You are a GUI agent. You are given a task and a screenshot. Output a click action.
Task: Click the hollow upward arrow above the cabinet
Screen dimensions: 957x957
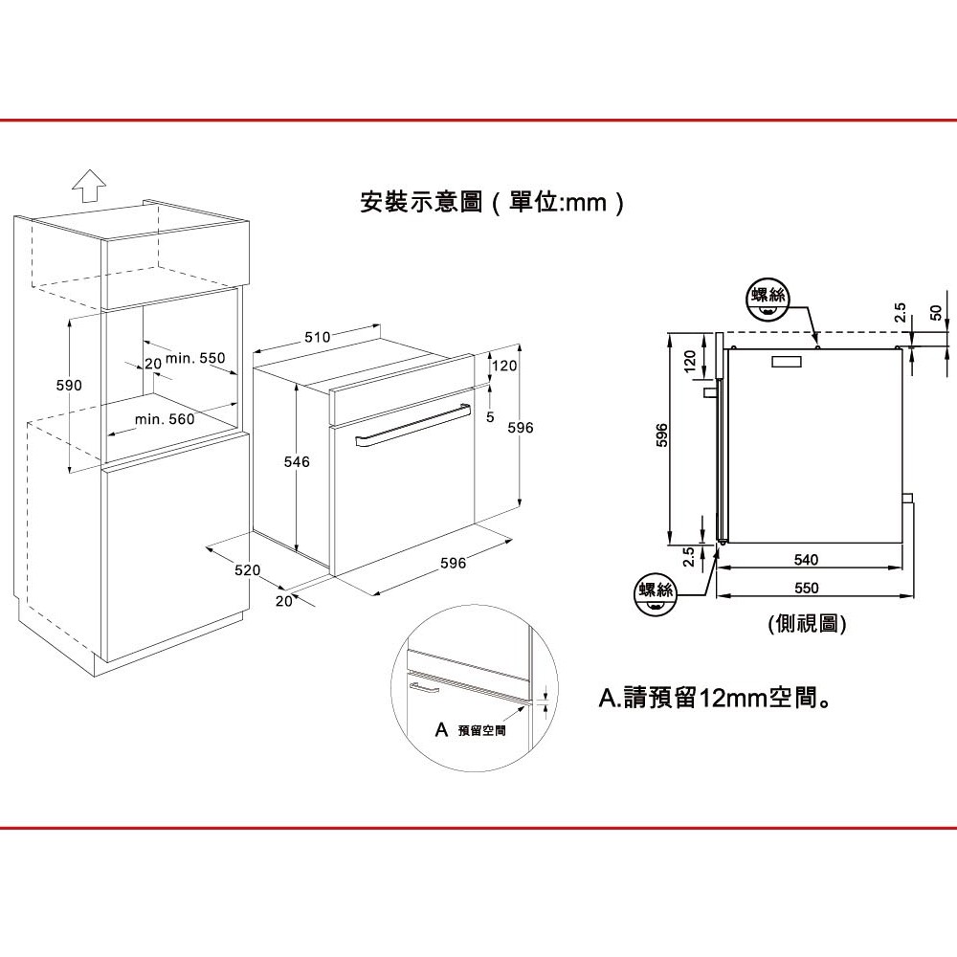88,185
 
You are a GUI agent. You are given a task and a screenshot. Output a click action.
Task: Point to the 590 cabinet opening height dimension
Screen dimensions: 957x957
69,385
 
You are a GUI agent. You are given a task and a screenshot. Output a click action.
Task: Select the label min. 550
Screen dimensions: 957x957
194,359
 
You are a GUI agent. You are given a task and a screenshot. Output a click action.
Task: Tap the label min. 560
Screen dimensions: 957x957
165,419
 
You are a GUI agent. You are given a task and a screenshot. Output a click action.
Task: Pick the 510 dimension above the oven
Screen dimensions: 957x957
317,337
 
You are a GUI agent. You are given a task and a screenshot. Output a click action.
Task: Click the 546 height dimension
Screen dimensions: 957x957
298,462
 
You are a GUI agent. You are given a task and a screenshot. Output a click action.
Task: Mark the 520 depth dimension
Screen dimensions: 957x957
248,570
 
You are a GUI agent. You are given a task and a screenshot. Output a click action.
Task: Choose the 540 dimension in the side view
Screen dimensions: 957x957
807,557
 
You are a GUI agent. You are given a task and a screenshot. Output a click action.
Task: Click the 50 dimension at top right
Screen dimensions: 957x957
935,313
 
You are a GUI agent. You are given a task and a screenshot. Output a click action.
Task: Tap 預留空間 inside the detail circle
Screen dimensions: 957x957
480,730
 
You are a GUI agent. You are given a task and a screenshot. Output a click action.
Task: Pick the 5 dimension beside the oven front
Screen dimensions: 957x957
489,417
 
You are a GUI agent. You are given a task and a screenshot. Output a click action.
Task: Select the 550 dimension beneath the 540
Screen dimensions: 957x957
807,587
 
